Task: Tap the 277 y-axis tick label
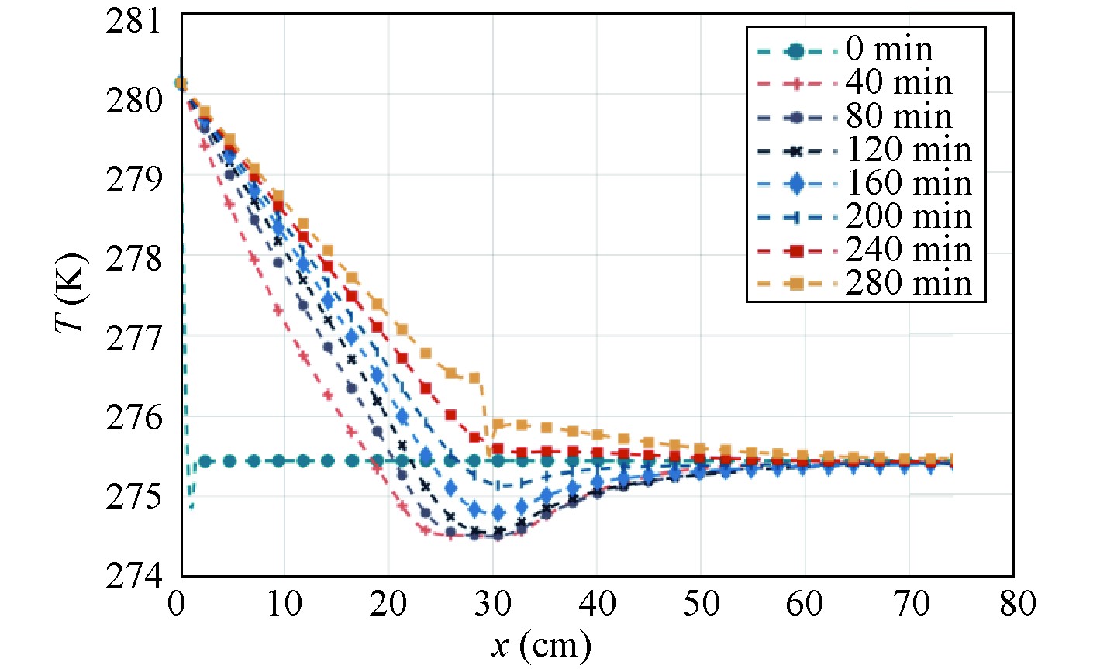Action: (136, 337)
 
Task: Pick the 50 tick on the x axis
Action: (702, 604)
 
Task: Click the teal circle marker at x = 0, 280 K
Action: (181, 83)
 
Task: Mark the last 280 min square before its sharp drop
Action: (474, 378)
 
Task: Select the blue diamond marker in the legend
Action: (795, 183)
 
